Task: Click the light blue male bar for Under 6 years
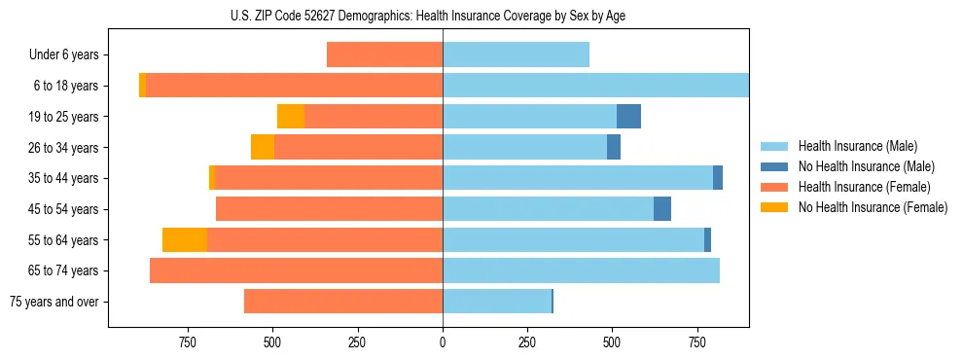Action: click(x=516, y=55)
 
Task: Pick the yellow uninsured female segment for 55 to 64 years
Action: click(x=185, y=239)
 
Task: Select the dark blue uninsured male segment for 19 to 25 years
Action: click(x=628, y=117)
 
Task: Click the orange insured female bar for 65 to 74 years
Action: click(x=297, y=270)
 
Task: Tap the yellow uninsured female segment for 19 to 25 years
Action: click(x=291, y=117)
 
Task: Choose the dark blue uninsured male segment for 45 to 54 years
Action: click(x=662, y=209)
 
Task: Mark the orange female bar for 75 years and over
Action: click(x=343, y=302)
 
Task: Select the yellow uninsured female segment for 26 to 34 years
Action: click(x=263, y=147)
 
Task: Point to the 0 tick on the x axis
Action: click(x=443, y=342)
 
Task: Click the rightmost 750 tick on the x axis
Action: click(x=697, y=342)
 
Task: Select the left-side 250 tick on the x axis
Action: click(x=357, y=342)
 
